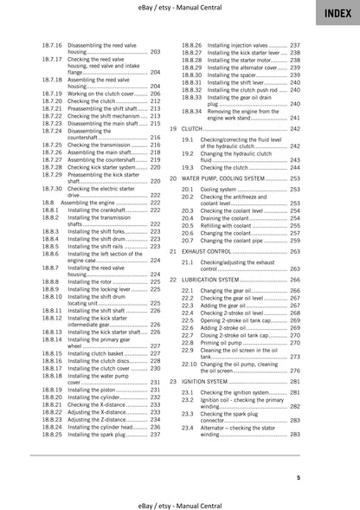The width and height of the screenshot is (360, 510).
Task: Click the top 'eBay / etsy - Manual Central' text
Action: pyautogui.click(x=180, y=8)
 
